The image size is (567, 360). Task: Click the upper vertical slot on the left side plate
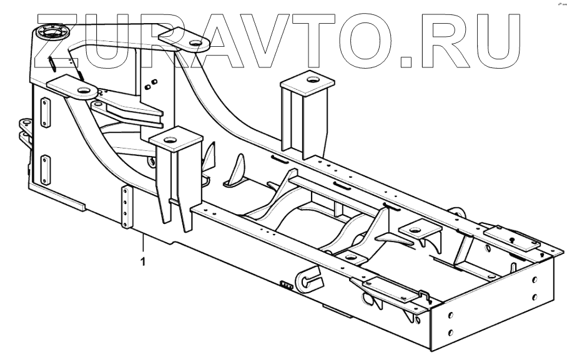pyautogui.click(x=45, y=114)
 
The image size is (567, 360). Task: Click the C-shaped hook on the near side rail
pyautogui.click(x=310, y=281)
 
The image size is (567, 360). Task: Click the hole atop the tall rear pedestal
pyautogui.click(x=310, y=79)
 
